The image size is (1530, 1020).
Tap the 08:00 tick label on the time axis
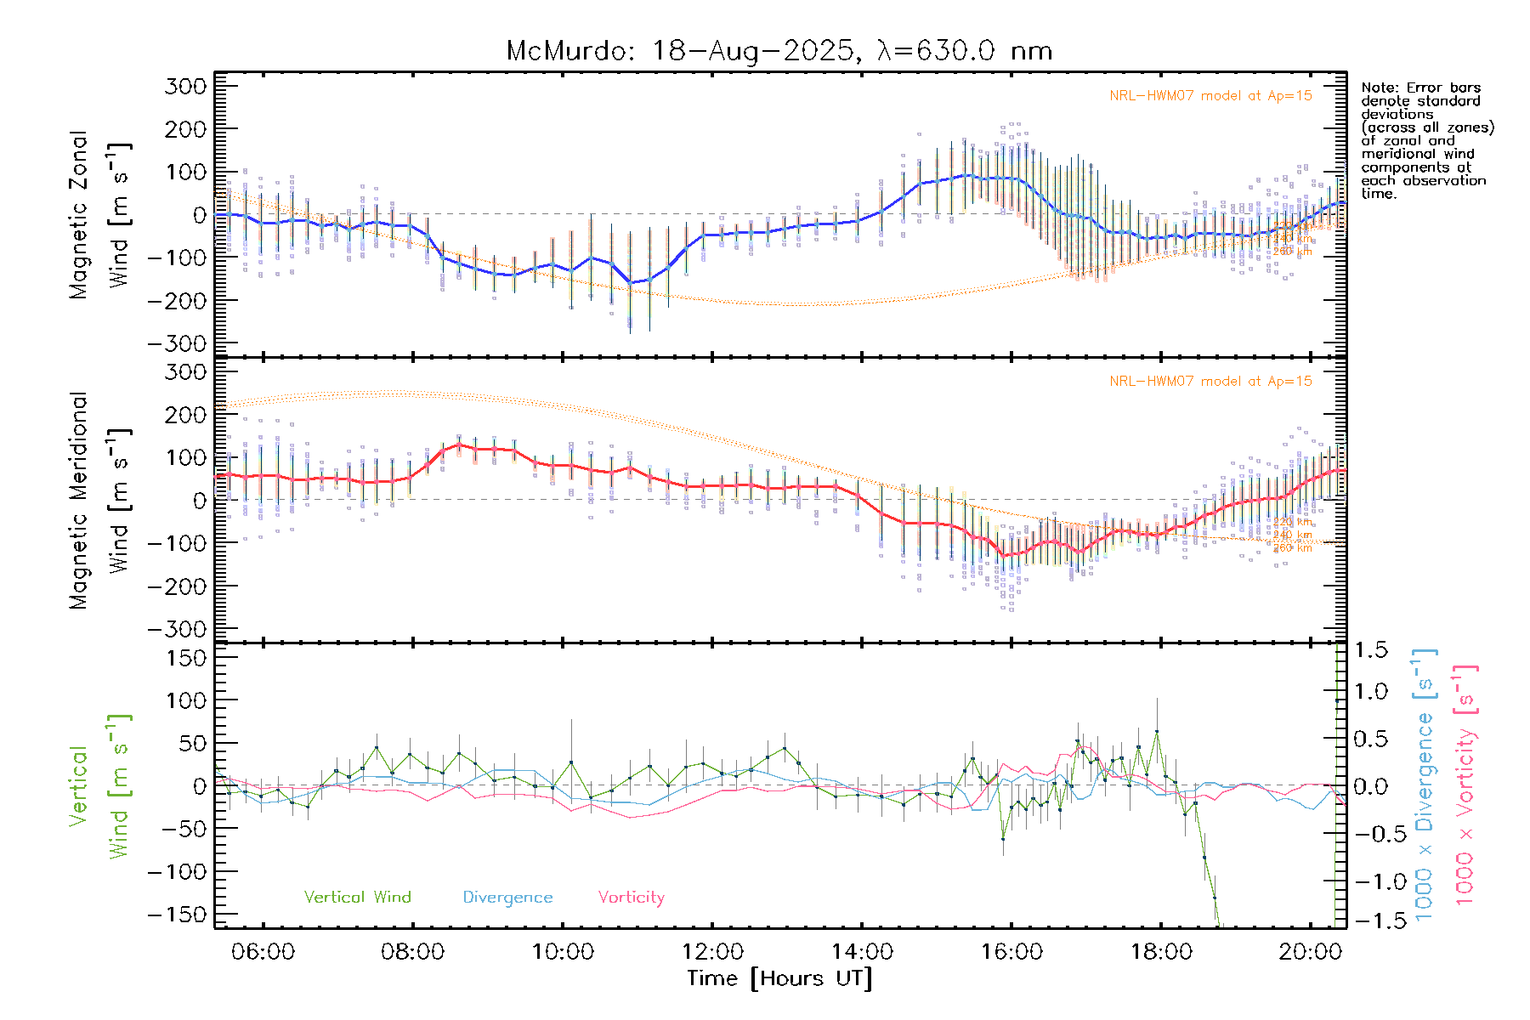412,952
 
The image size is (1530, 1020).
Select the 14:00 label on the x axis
862,952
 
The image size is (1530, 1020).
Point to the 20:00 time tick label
1310,952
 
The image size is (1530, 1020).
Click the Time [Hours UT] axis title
779,978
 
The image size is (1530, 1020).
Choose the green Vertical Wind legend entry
357,897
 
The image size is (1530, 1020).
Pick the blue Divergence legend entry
507,897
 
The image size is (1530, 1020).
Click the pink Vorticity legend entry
631,897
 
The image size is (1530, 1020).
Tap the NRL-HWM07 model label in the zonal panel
1210,96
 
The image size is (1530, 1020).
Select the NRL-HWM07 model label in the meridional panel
1210,382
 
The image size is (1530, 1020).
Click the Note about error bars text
1426,140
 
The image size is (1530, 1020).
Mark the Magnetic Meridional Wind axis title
100,501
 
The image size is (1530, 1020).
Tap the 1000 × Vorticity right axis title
1466,785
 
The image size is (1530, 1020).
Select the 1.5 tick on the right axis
1370,650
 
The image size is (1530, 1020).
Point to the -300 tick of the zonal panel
177,343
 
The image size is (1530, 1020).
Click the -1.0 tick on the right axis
1370,881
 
